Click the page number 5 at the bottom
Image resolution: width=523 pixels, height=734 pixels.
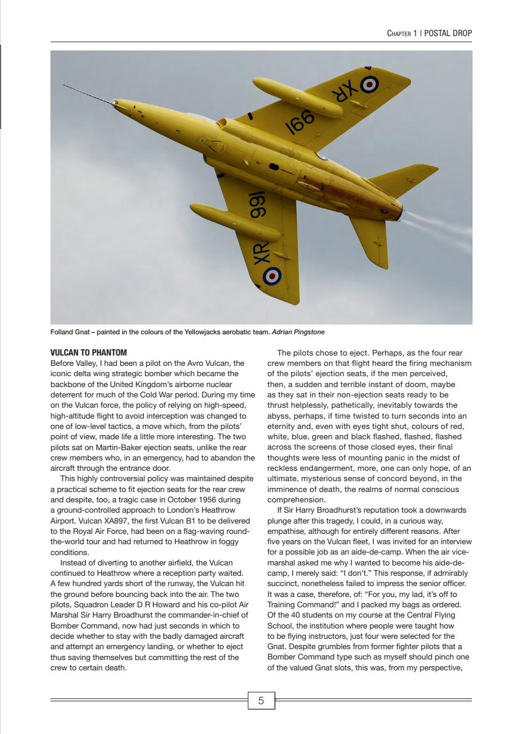coord(261,700)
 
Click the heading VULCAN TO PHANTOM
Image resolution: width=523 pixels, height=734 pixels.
coord(89,352)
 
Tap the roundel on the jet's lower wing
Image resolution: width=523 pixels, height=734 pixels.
coord(272,276)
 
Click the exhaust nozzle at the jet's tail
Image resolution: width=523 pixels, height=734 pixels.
coord(399,212)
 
